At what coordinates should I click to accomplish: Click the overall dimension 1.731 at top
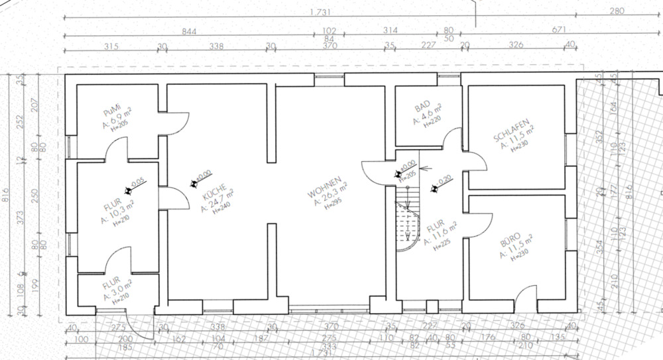[320, 12]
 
